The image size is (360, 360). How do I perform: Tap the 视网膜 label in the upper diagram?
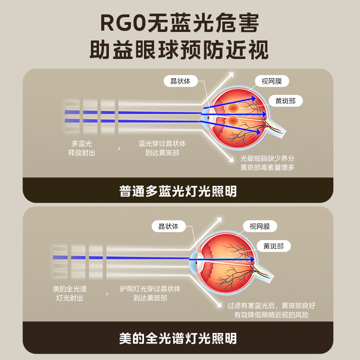click(271, 81)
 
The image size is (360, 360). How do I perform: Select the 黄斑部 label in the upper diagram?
click(285, 101)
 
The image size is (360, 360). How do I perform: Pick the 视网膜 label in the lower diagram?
click(260, 226)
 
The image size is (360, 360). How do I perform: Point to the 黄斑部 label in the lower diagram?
click(274, 246)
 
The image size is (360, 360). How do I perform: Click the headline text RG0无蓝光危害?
click(180, 23)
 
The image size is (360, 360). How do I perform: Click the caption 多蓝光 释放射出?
click(81, 148)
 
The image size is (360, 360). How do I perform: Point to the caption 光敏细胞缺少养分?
click(267, 158)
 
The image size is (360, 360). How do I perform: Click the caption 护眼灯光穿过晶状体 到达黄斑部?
click(150, 293)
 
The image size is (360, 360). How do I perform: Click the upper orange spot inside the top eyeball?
click(233, 108)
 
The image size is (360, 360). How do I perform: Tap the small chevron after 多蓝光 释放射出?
click(119, 148)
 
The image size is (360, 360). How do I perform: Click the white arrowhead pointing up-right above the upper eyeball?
click(231, 75)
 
